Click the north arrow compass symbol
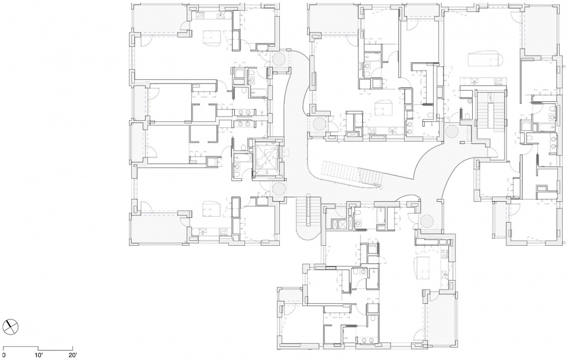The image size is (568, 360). tap(11, 326)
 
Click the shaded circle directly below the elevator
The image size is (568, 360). tap(279, 189)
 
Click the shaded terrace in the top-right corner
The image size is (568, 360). tap(540, 31)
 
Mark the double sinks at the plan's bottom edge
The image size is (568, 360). tap(369, 340)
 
